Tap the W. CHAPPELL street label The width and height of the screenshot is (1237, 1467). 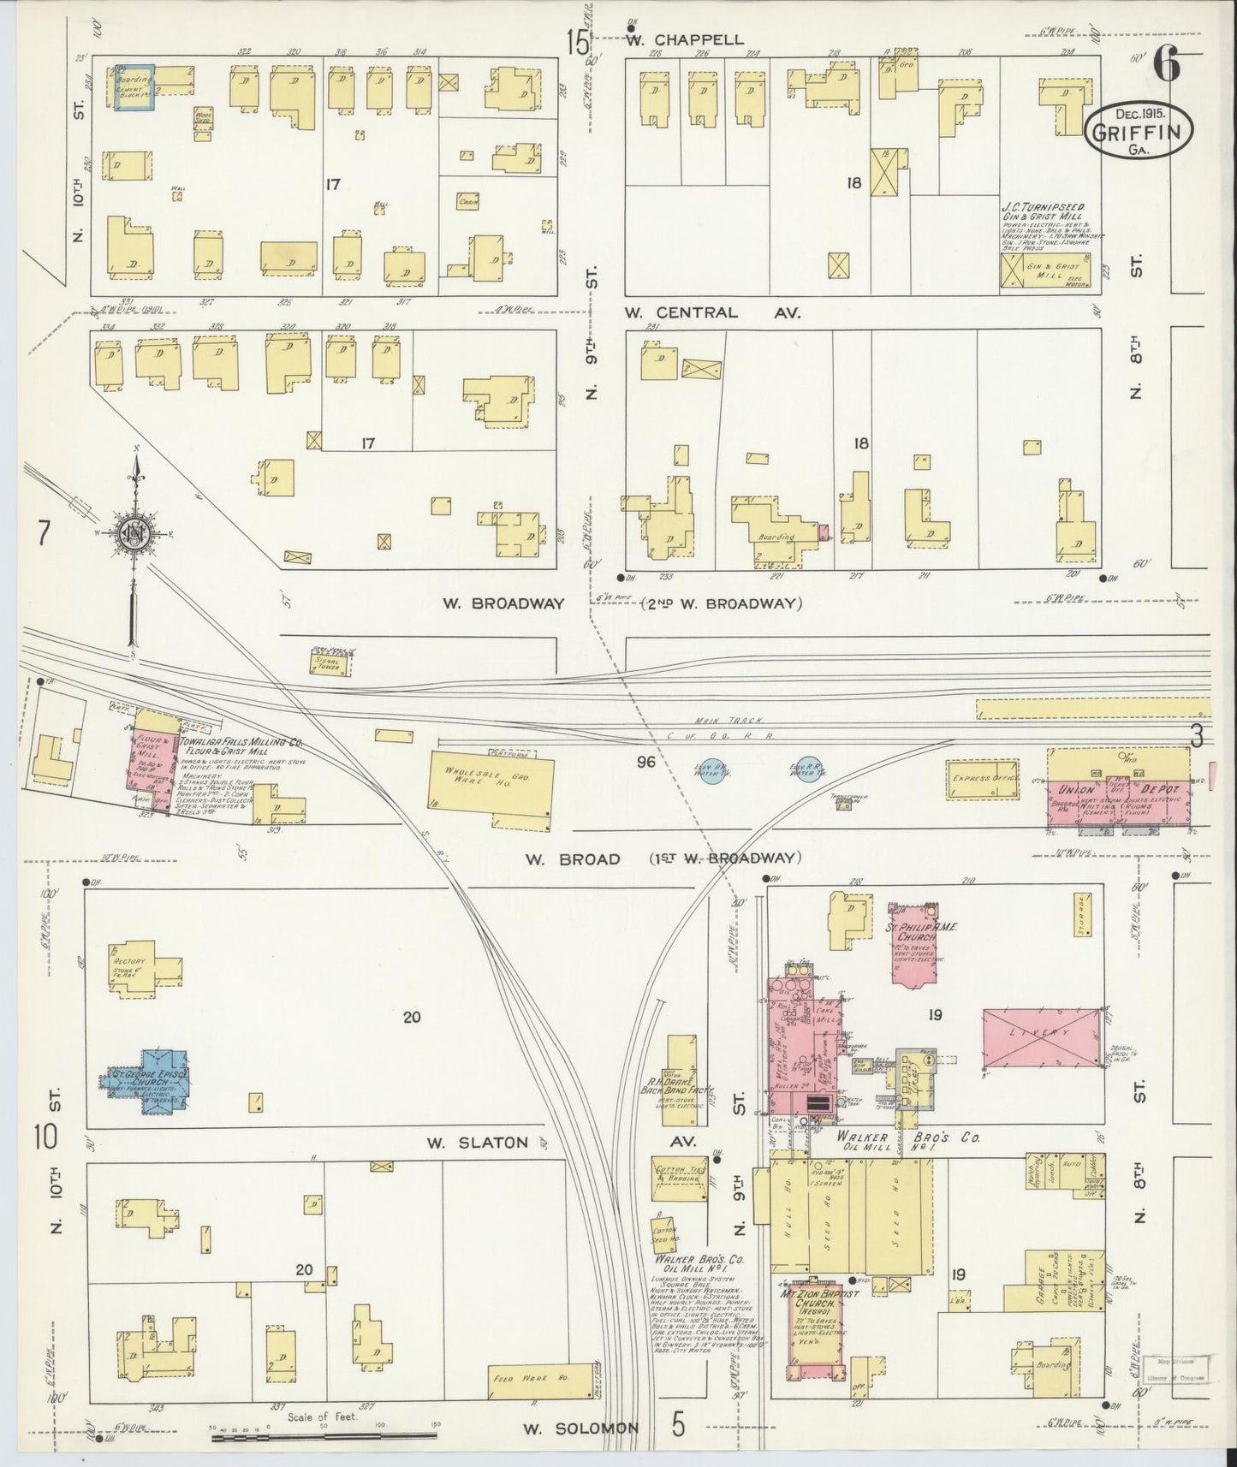coord(684,39)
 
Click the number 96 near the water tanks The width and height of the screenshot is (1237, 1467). coord(645,761)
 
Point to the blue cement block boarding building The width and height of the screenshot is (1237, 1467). coord(135,87)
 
